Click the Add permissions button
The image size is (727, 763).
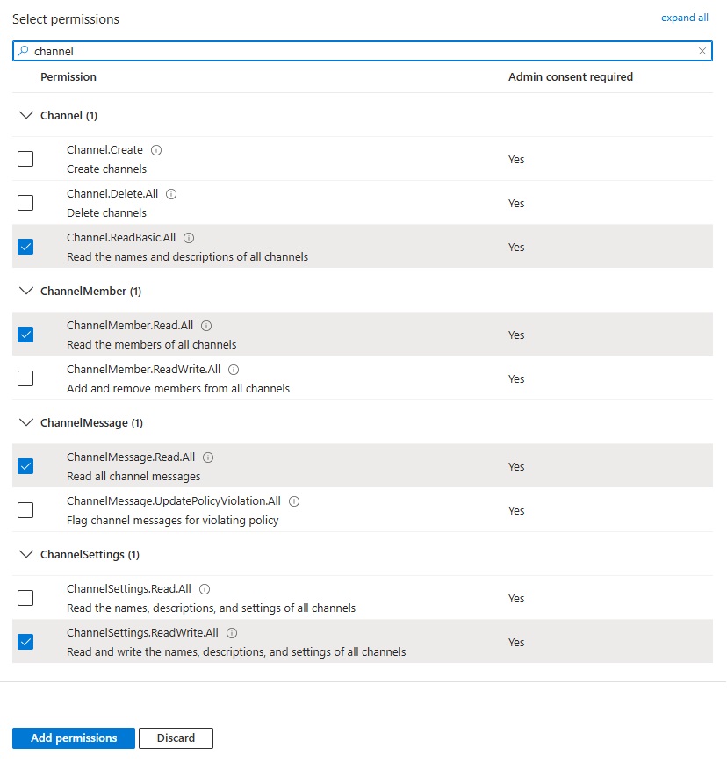click(x=74, y=738)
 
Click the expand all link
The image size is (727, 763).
click(x=684, y=18)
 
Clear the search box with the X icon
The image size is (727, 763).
click(x=702, y=51)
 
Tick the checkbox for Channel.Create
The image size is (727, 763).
click(x=25, y=159)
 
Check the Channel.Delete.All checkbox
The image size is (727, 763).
click(x=25, y=203)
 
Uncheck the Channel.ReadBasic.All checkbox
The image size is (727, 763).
click(x=25, y=247)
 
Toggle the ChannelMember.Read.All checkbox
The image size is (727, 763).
click(x=25, y=335)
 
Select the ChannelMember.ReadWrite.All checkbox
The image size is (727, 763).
click(x=25, y=378)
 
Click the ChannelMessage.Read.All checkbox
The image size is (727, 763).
click(x=25, y=466)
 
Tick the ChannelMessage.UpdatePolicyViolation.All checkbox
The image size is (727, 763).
click(x=25, y=510)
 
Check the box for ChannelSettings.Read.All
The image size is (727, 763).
click(x=25, y=598)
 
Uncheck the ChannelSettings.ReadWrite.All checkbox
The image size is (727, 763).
click(x=25, y=642)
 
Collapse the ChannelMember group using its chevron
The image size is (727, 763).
click(x=25, y=291)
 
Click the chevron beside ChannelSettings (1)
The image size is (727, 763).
click(x=25, y=554)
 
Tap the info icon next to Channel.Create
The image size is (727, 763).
click(x=156, y=150)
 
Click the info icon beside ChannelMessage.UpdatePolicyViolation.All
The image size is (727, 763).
click(x=294, y=501)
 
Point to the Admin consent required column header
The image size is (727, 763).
click(x=570, y=77)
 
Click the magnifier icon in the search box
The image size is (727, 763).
click(x=24, y=51)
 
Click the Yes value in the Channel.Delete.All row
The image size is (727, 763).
click(x=516, y=203)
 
